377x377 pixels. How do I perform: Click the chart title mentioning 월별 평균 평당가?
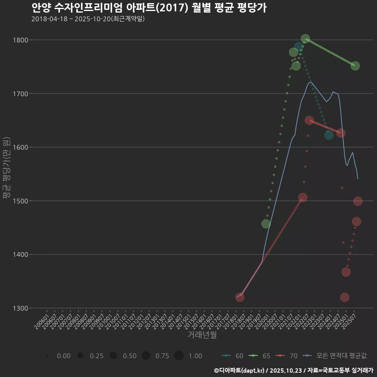pos(149,8)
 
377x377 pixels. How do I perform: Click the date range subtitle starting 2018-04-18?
pos(88,19)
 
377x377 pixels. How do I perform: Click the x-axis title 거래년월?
pos(202,335)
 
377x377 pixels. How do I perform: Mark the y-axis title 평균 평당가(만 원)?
pos(6,168)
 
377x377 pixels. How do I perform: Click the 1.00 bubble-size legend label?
pos(195,356)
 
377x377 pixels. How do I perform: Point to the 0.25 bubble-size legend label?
pos(97,356)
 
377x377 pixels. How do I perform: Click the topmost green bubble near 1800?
pos(305,38)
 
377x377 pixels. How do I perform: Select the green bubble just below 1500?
pos(266,224)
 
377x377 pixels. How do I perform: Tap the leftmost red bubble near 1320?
pos(240,297)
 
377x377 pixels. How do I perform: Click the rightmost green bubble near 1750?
pos(355,66)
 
